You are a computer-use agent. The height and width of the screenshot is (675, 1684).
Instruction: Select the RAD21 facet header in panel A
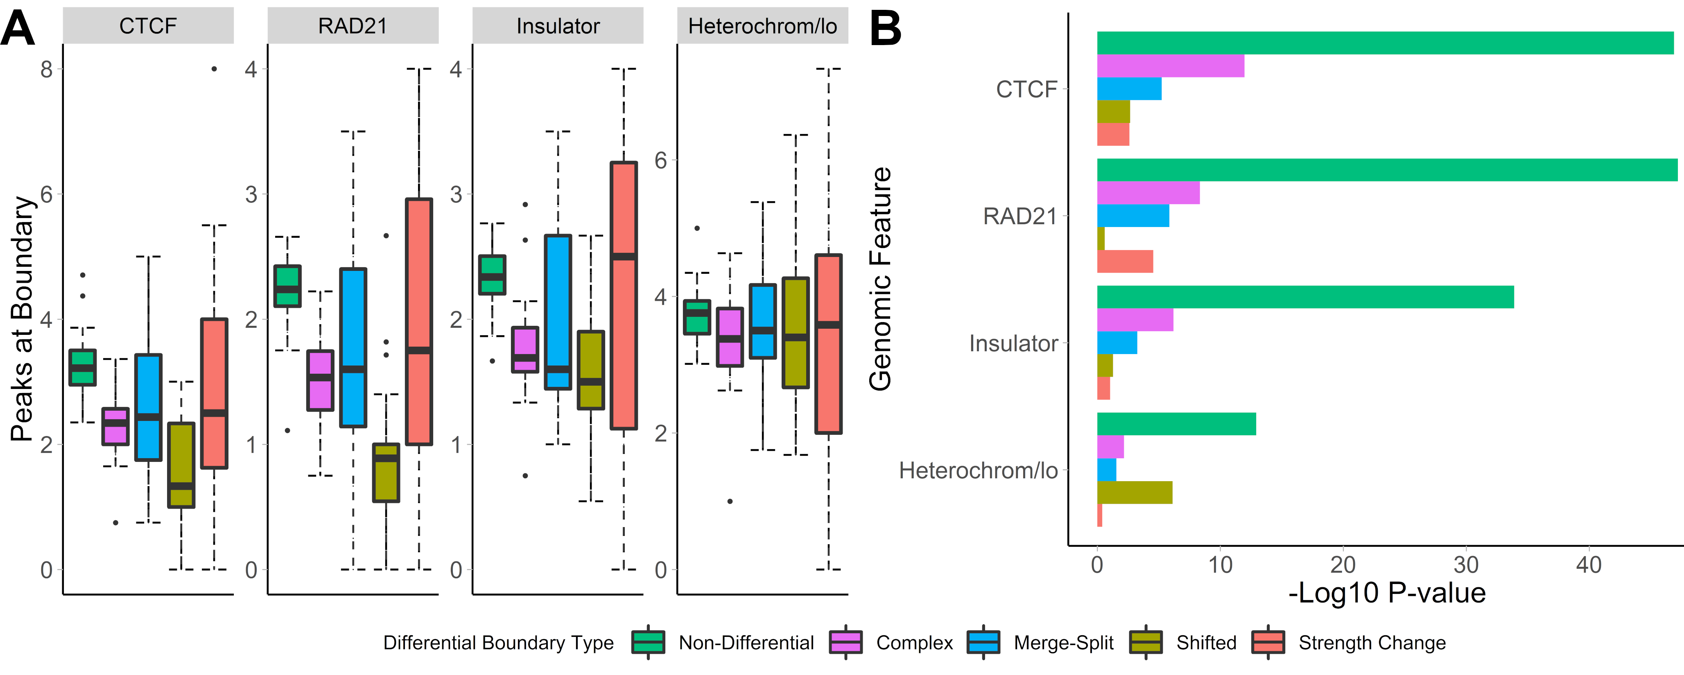pyautogui.click(x=353, y=26)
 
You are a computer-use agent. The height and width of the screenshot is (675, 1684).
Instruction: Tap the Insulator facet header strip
pyautogui.click(x=558, y=26)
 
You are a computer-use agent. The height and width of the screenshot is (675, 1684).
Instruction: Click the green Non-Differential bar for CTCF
pyautogui.click(x=1385, y=43)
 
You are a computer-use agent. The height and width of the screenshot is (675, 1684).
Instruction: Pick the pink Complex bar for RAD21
pyautogui.click(x=1148, y=193)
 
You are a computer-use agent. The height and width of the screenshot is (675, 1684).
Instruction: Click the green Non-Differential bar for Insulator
pyautogui.click(x=1305, y=297)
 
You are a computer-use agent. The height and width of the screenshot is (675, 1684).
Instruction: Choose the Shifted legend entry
pyautogui.click(x=1206, y=643)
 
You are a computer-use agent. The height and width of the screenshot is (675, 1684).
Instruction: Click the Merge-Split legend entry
pyautogui.click(x=1063, y=643)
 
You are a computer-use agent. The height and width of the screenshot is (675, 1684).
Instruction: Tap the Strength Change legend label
pyautogui.click(x=1372, y=643)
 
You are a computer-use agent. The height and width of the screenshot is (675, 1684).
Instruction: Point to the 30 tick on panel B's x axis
pyautogui.click(x=1466, y=564)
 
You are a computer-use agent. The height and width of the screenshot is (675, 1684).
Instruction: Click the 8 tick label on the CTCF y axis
pyautogui.click(x=46, y=69)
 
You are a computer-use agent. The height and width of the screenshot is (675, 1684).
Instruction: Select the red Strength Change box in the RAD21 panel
pyautogui.click(x=419, y=322)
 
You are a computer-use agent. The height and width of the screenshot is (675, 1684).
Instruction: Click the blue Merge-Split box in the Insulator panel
pyautogui.click(x=558, y=312)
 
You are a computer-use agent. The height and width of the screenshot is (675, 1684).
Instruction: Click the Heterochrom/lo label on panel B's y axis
pyautogui.click(x=978, y=470)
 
